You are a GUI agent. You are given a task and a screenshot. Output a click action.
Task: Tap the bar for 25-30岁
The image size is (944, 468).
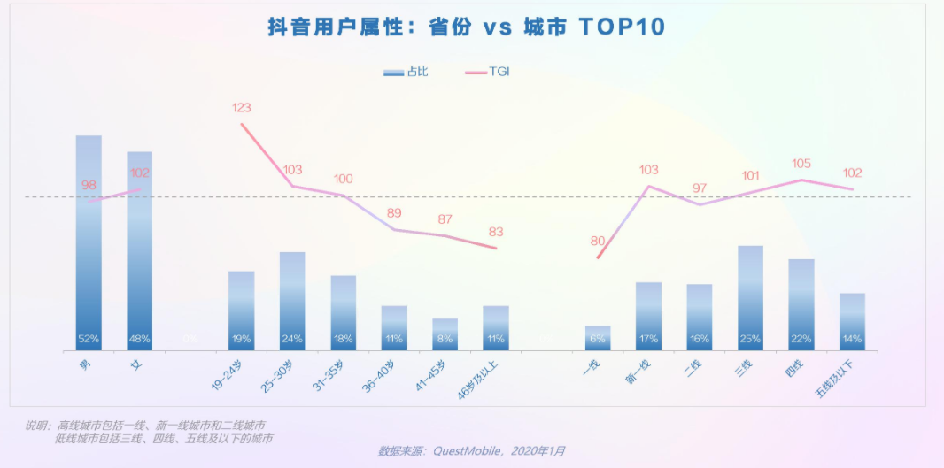(x=292, y=301)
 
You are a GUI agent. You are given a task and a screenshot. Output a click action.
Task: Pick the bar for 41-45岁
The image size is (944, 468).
(x=445, y=334)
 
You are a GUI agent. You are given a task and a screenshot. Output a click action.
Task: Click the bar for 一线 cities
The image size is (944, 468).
(x=598, y=337)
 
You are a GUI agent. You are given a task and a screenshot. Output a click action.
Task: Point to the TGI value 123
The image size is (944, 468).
(x=242, y=108)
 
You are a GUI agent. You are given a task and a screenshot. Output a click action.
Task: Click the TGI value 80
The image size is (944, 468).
(x=598, y=241)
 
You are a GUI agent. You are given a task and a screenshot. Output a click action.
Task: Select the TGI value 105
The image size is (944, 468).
(x=801, y=164)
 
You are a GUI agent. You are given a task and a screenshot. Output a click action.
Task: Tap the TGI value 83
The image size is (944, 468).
(x=496, y=232)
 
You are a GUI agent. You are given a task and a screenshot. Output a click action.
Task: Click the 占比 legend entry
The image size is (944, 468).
(x=406, y=72)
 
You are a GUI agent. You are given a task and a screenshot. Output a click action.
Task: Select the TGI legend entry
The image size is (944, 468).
(x=487, y=72)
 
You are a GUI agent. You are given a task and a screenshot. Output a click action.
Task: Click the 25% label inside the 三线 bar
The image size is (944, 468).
(x=750, y=339)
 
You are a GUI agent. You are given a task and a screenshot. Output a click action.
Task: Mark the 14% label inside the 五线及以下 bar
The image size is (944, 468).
(x=852, y=339)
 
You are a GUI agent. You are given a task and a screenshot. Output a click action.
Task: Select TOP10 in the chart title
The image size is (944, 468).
(x=622, y=27)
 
